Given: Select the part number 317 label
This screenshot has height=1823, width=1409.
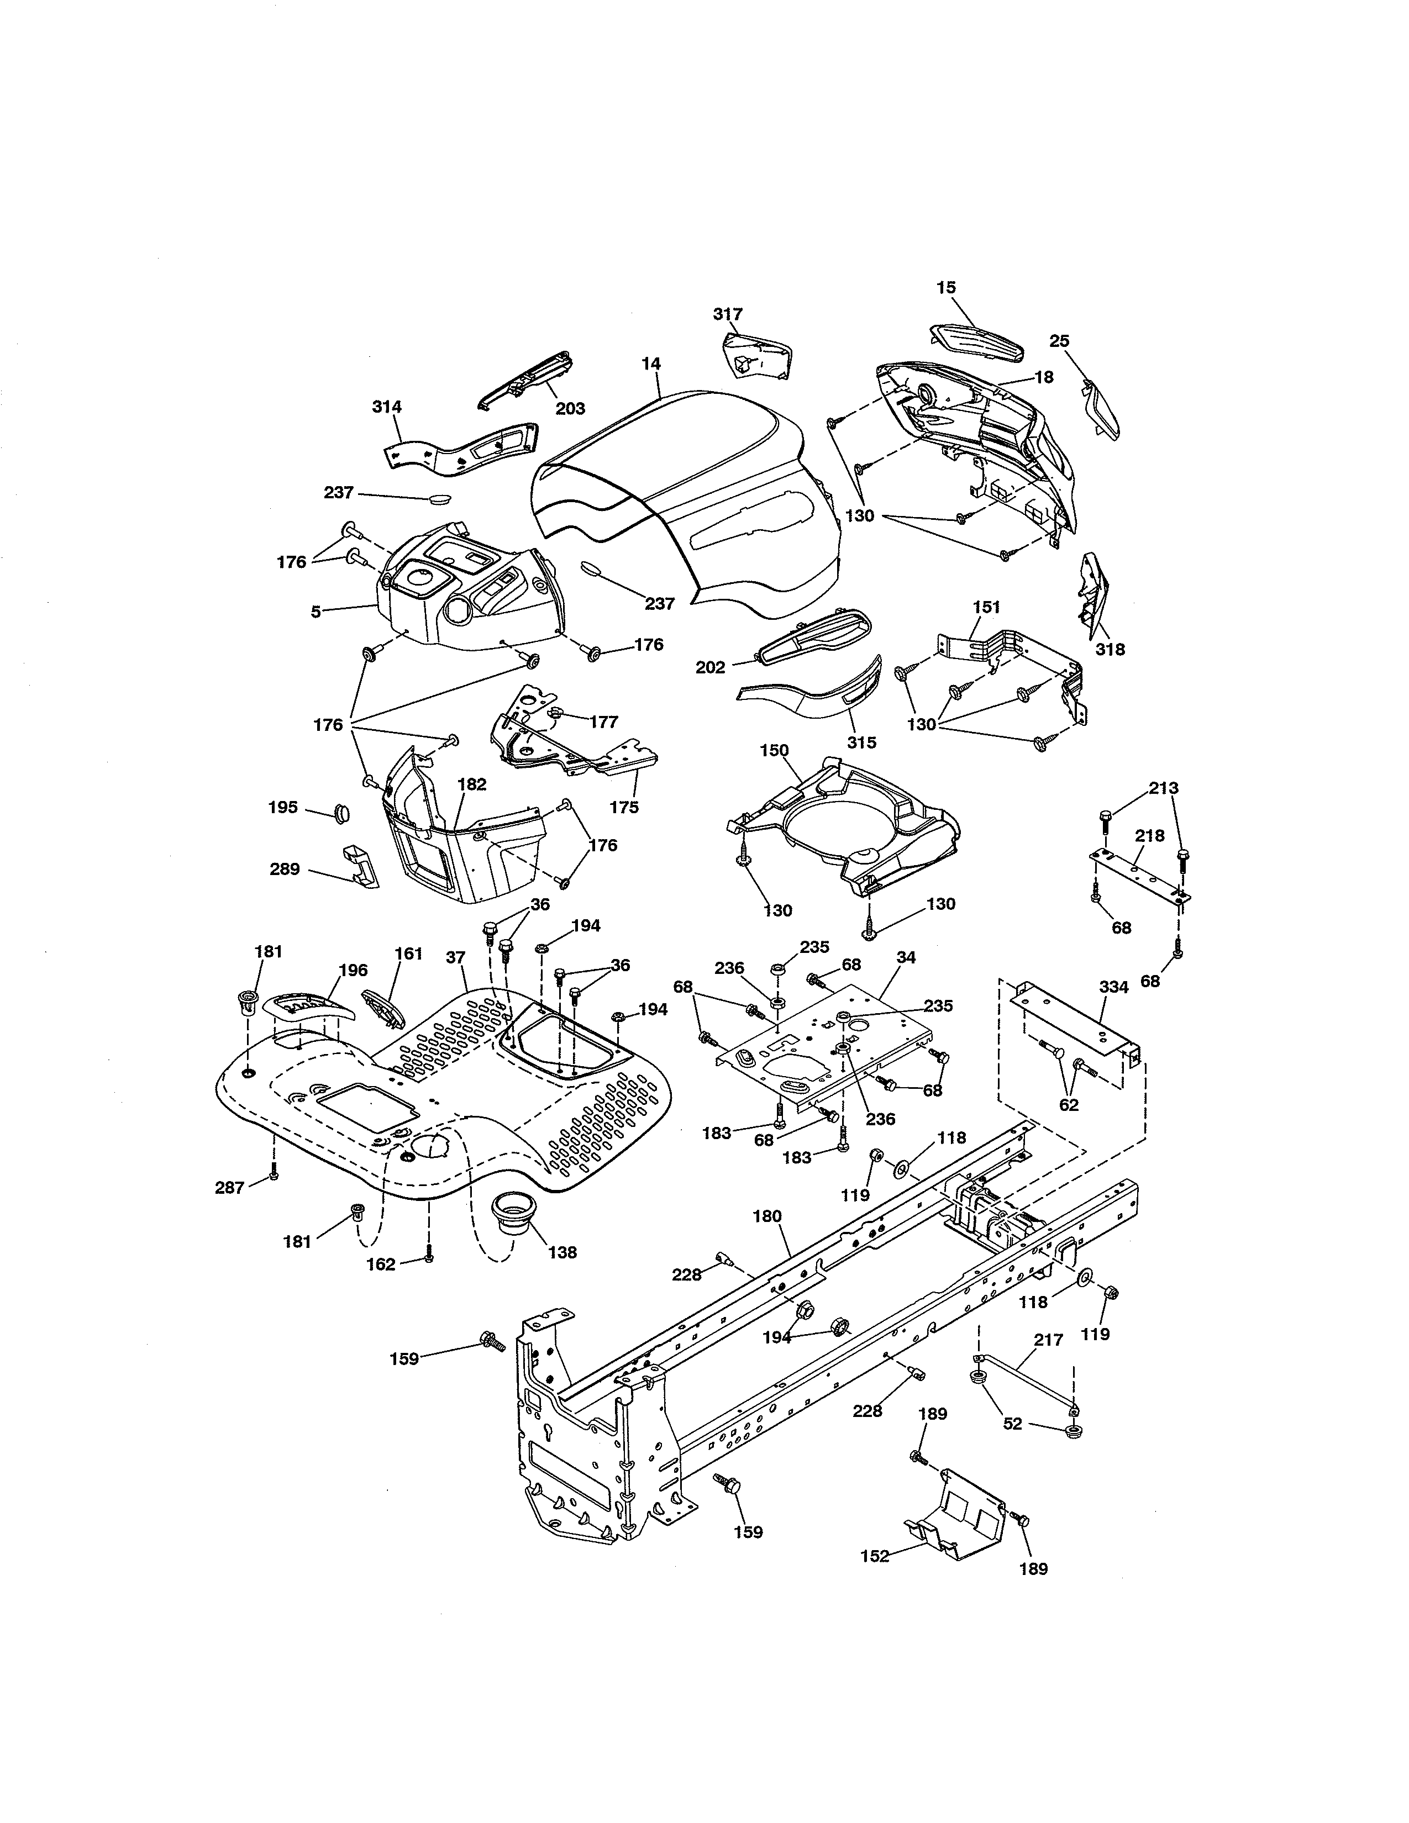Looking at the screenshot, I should (728, 314).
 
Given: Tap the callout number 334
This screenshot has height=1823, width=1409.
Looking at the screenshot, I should (1113, 987).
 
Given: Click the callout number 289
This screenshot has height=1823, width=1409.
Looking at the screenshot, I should (285, 869).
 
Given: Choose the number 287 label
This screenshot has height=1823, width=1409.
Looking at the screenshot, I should (229, 1187).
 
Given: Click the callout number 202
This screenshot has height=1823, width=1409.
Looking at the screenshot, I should (711, 668).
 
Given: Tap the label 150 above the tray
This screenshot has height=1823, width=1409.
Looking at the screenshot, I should (774, 750).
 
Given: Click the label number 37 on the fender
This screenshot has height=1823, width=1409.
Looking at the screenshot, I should (455, 957).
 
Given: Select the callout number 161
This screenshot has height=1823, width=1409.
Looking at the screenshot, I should (408, 953).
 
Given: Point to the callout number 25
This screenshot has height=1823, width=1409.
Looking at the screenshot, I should (1059, 340).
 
